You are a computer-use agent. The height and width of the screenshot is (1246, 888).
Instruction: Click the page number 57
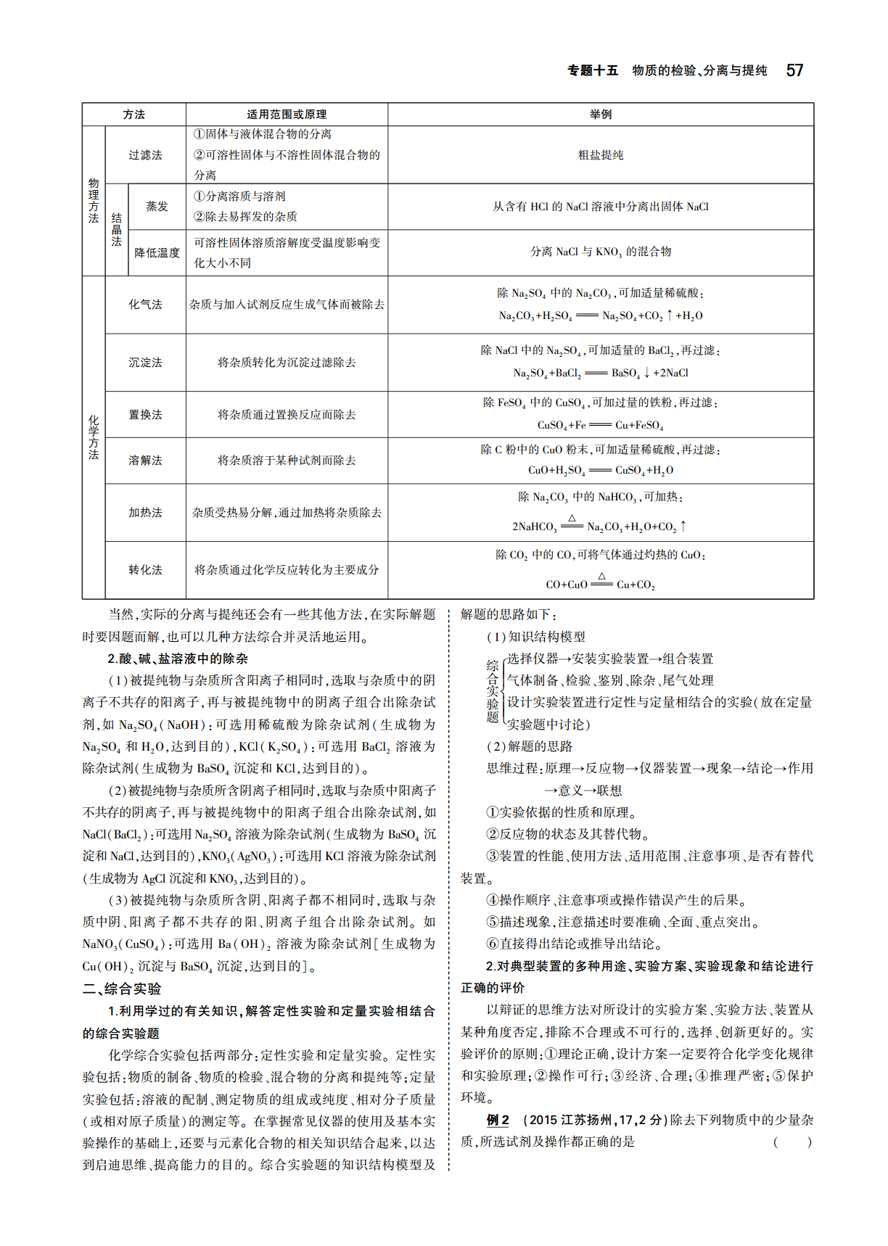click(x=794, y=70)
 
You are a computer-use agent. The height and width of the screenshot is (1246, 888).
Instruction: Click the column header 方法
click(x=133, y=115)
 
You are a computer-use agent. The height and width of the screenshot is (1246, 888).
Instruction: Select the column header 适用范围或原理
click(x=287, y=115)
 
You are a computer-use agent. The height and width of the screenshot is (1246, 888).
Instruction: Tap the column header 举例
click(x=601, y=115)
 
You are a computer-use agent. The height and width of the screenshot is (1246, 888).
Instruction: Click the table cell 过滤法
click(x=145, y=155)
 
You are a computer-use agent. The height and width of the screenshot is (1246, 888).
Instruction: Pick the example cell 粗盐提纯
click(x=601, y=155)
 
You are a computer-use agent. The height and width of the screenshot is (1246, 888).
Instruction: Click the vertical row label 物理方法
click(x=94, y=201)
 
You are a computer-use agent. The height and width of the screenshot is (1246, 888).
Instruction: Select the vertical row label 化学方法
click(x=94, y=437)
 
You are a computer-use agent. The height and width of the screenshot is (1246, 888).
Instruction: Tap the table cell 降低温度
click(x=157, y=253)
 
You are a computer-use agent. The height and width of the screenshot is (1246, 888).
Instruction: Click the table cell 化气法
click(x=145, y=305)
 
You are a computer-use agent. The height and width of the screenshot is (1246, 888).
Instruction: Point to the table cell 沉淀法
click(x=145, y=363)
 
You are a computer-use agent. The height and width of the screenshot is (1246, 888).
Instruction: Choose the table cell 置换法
click(x=145, y=415)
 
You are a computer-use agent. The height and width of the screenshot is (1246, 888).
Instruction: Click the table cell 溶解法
click(x=145, y=461)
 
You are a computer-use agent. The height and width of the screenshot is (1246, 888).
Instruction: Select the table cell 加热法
click(x=145, y=513)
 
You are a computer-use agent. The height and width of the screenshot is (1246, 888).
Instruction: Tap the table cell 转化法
click(x=145, y=570)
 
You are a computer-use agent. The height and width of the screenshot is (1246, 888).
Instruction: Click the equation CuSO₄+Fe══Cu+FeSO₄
click(x=600, y=425)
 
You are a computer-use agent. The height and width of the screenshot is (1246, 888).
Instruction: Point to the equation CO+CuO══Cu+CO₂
click(x=600, y=585)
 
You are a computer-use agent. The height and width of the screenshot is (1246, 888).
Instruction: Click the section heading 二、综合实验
click(x=122, y=989)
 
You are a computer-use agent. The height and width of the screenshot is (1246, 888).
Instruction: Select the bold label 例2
click(x=498, y=1120)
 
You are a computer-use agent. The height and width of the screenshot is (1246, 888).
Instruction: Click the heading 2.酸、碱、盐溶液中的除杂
click(x=178, y=659)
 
